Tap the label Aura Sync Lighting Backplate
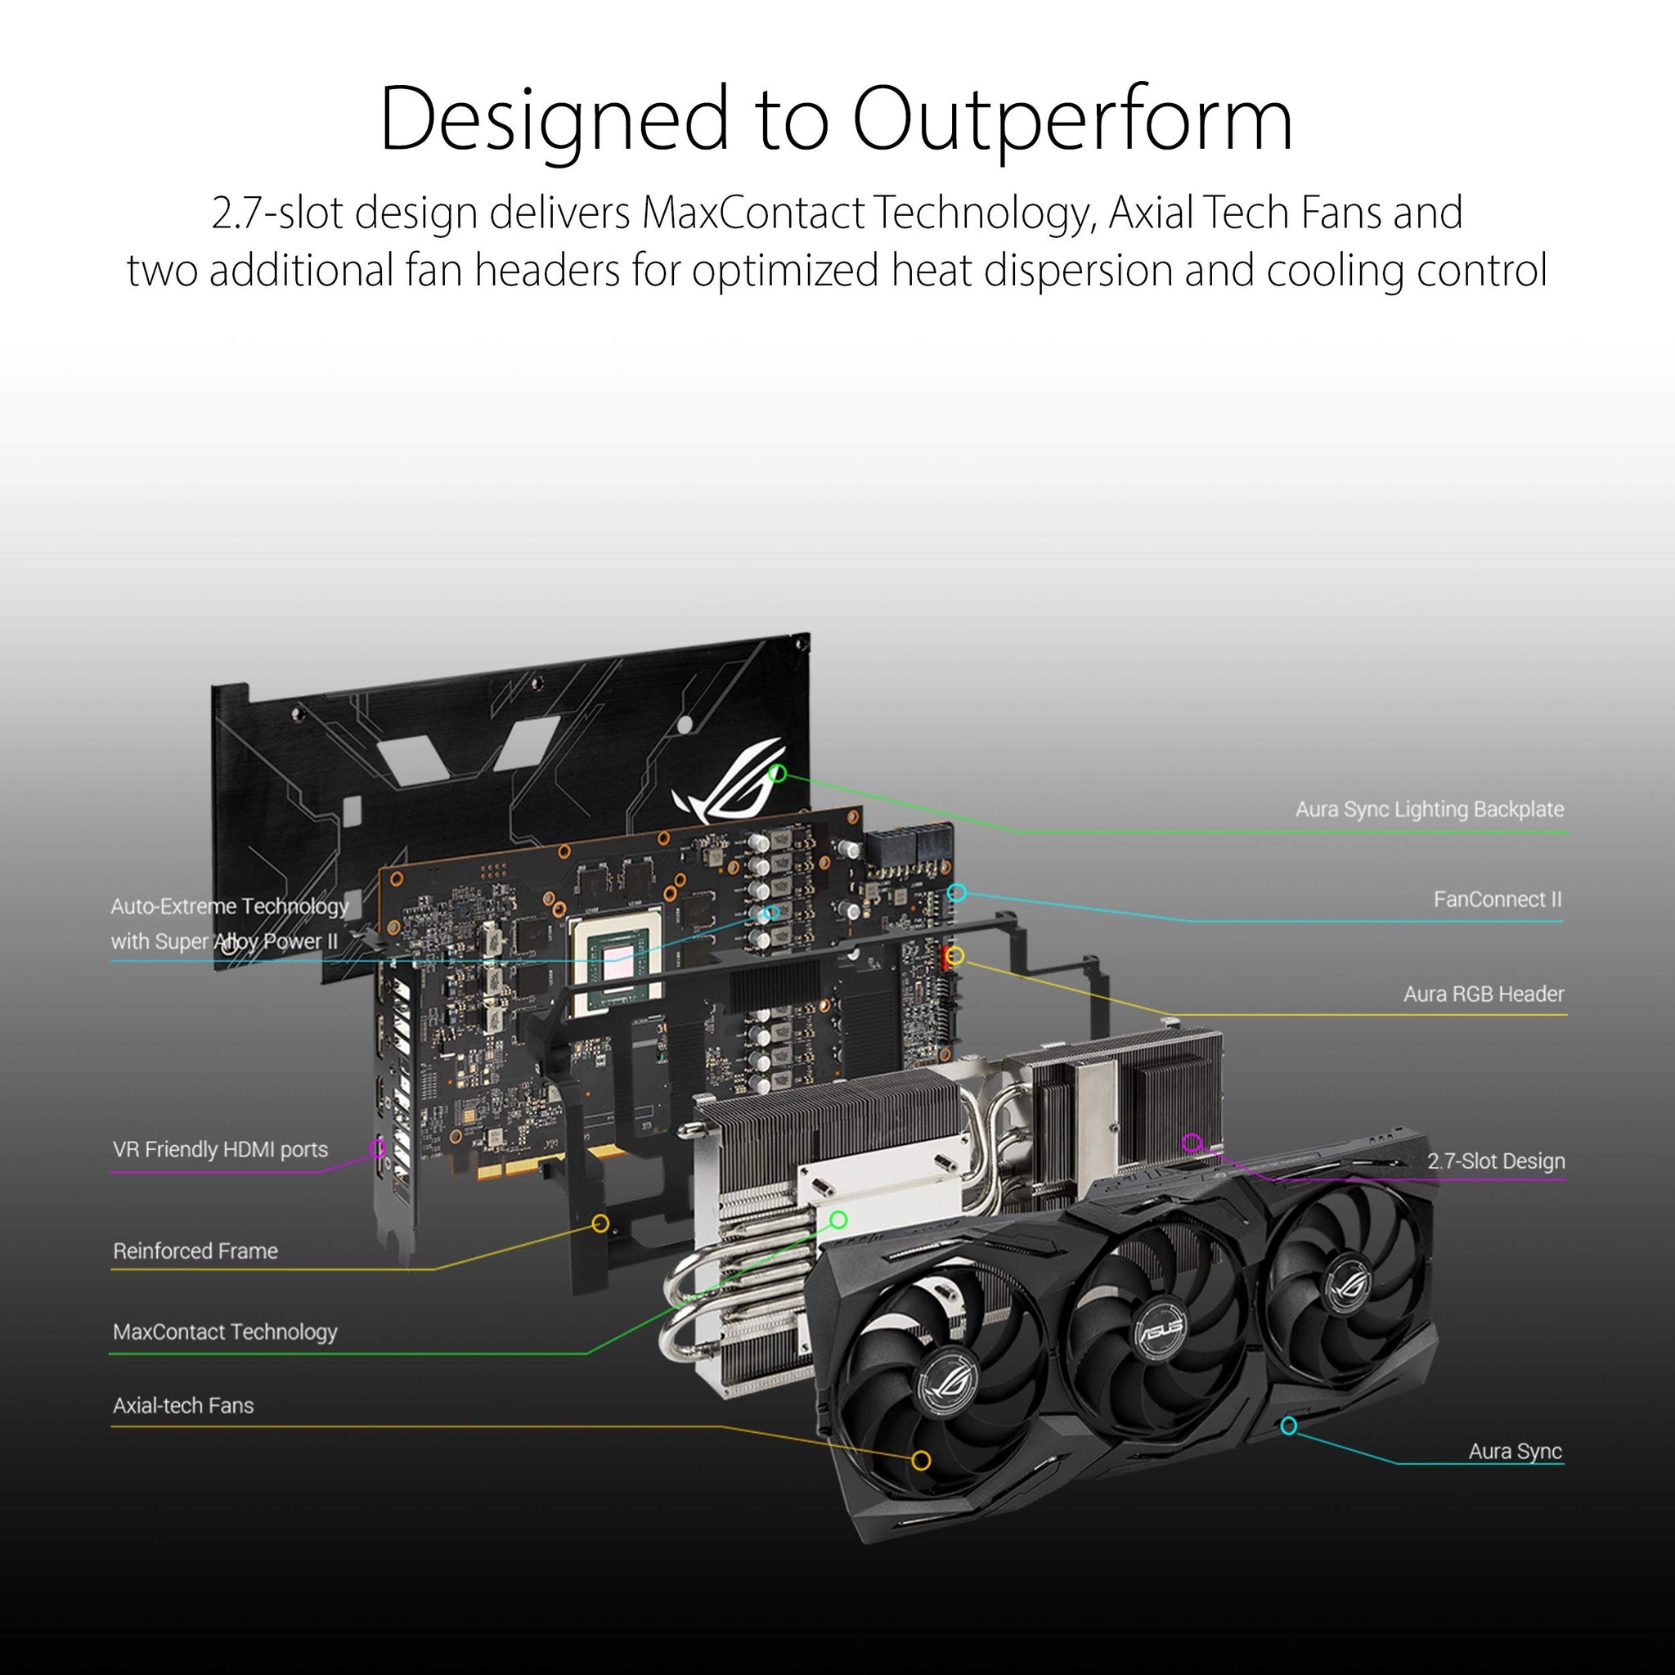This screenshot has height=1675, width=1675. click(1429, 809)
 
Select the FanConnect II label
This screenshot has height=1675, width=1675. click(1497, 899)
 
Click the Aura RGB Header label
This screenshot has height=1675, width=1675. click(1484, 994)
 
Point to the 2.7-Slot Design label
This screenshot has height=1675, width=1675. click(1496, 1161)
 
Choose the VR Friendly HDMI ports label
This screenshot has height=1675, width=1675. click(220, 1150)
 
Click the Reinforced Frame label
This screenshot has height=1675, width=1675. click(195, 1251)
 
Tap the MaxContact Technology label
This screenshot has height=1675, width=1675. click(225, 1331)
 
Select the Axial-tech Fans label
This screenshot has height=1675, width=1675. click(183, 1405)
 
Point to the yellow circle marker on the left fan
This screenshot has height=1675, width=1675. click(921, 1460)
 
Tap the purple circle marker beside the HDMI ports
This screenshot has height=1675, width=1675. click(377, 1147)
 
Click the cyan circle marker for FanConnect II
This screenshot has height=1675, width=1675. click(957, 892)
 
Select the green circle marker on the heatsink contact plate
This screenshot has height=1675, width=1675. click(838, 1219)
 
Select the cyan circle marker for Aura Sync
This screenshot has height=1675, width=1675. click(1288, 1426)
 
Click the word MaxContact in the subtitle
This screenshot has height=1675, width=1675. click(752, 213)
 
